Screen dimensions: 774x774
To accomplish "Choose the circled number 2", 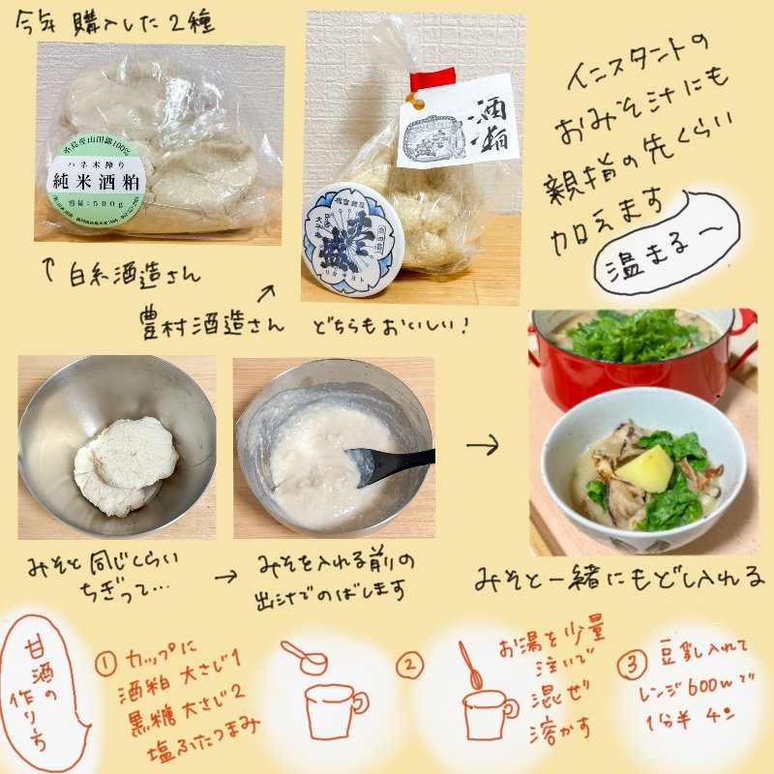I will click(x=411, y=665).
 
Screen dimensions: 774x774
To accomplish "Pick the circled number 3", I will click(x=631, y=665).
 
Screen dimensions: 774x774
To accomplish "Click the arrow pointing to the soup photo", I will click(x=482, y=446).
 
